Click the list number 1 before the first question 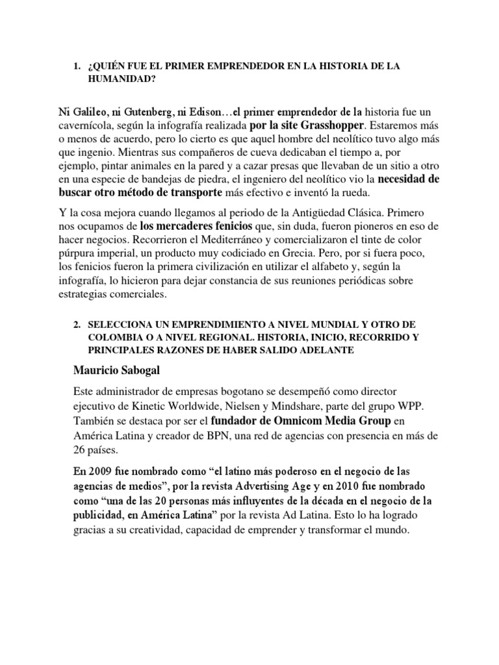[77, 66]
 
